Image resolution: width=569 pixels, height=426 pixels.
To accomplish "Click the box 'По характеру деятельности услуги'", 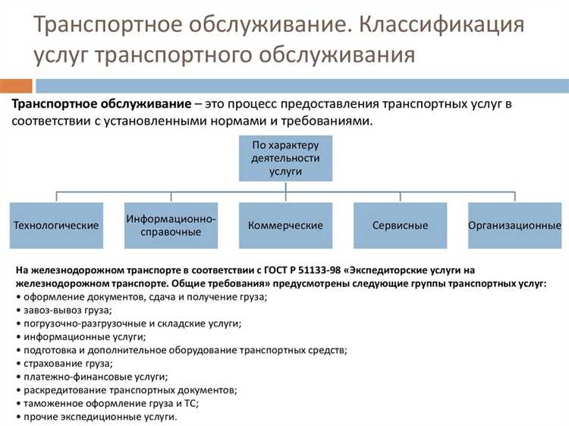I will (284, 159).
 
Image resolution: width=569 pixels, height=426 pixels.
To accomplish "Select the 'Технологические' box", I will (56, 226).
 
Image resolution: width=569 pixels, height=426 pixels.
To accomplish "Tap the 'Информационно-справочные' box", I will (171, 226).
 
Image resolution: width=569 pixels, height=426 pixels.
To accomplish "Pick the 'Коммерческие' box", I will (284, 226).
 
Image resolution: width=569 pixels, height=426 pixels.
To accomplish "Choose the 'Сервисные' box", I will (400, 226).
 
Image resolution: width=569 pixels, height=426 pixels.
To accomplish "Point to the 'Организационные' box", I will (514, 226).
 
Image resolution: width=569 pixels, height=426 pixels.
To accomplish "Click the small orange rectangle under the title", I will (16, 86).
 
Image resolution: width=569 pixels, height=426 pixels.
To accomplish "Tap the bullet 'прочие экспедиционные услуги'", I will (99, 417).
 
